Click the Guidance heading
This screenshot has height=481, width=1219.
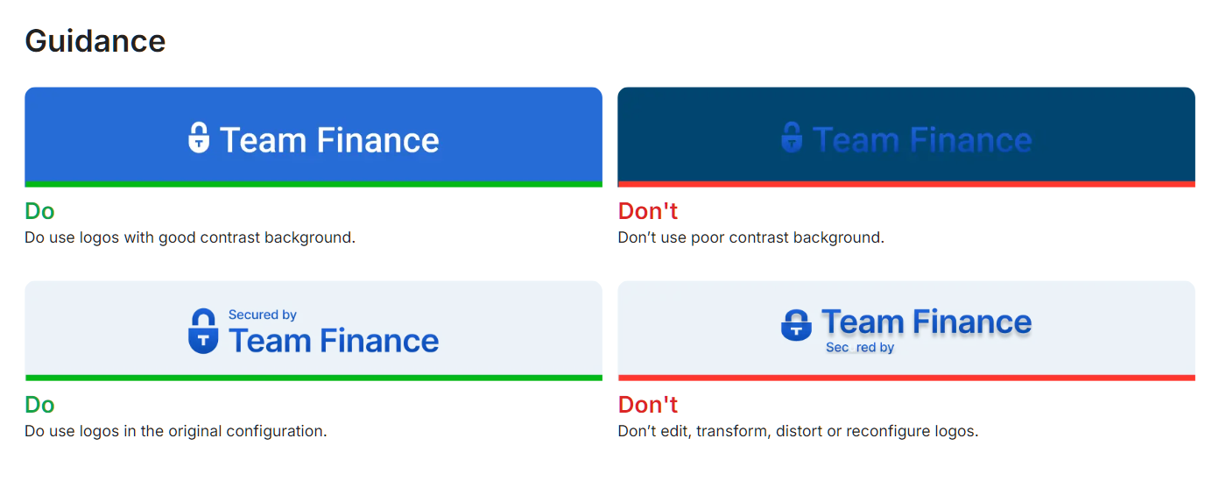pyautogui.click(x=95, y=41)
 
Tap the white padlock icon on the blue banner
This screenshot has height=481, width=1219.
pyautogui.click(x=199, y=138)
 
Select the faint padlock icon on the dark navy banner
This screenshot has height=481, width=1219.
pyautogui.click(x=792, y=138)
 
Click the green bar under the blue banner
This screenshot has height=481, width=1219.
pyautogui.click(x=313, y=184)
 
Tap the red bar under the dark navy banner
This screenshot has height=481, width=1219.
pyautogui.click(x=905, y=184)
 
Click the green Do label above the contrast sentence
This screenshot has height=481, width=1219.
pyautogui.click(x=39, y=211)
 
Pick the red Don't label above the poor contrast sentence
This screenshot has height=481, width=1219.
pyautogui.click(x=647, y=211)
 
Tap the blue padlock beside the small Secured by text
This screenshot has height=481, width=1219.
pyautogui.click(x=203, y=331)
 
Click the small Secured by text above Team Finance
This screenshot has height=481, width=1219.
pyautogui.click(x=262, y=315)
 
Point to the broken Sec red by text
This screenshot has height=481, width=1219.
pyautogui.click(x=859, y=348)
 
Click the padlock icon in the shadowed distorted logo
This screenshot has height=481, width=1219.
pyautogui.click(x=795, y=325)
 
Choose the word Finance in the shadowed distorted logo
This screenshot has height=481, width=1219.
pyautogui.click(x=972, y=322)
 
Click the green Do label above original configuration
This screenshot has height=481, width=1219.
pyautogui.click(x=39, y=405)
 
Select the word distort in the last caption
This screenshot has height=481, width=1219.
pyautogui.click(x=796, y=431)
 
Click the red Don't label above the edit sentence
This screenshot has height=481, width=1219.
pyautogui.click(x=647, y=405)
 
